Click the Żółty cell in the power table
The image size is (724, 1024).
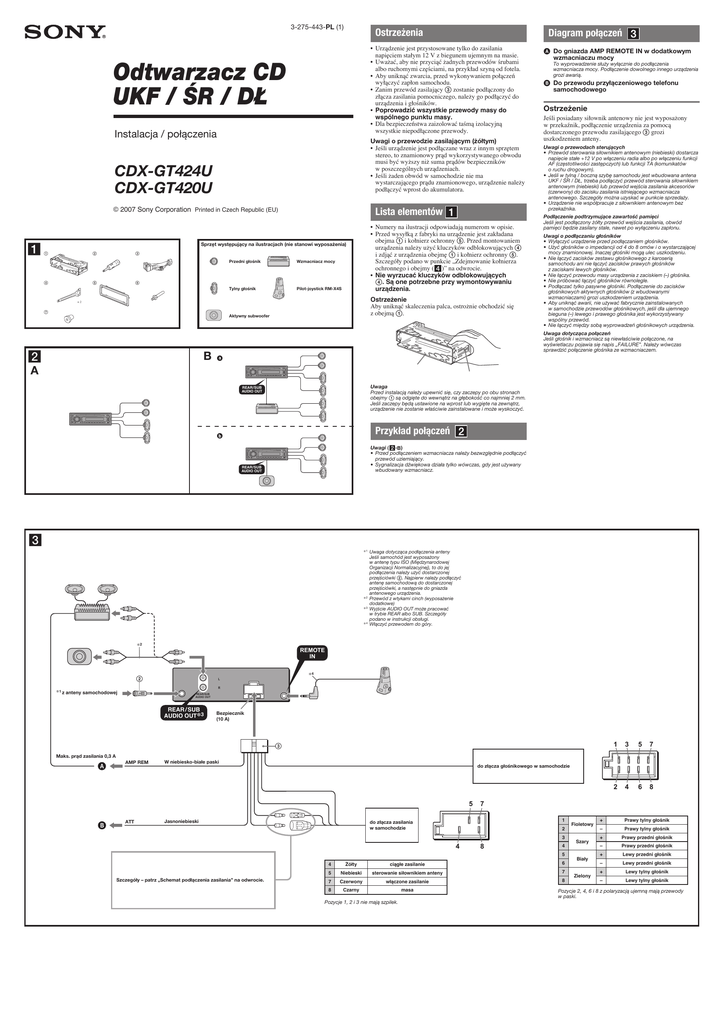pos(351,863)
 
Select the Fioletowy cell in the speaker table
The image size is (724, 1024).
pos(581,824)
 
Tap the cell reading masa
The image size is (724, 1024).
pos(408,889)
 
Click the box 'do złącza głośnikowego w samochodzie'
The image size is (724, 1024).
pos(524,766)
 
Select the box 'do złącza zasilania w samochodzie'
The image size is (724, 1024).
pos(389,826)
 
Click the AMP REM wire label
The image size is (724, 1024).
pos(136,762)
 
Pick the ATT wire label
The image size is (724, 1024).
pos(129,821)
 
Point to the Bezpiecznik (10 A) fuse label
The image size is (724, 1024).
pos(217,716)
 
